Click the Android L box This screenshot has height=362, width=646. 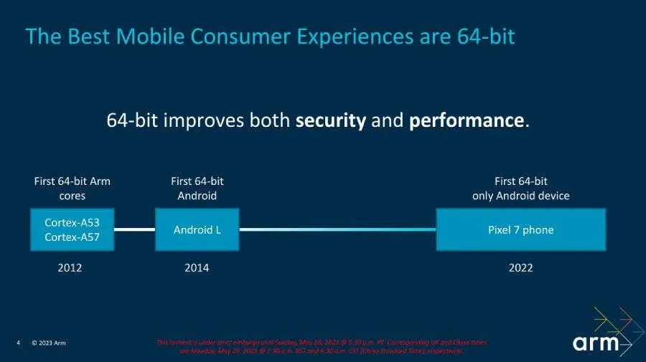pyautogui.click(x=197, y=230)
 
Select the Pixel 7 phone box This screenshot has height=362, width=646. pyautogui.click(x=521, y=230)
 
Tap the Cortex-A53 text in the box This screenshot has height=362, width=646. pyautogui.click(x=72, y=222)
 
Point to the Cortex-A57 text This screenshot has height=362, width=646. pyautogui.click(x=72, y=237)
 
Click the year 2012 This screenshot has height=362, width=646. pyautogui.click(x=70, y=268)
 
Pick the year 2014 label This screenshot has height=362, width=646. pyautogui.click(x=197, y=268)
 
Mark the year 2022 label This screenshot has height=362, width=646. pyautogui.click(x=521, y=268)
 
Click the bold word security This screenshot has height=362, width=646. pyautogui.click(x=330, y=120)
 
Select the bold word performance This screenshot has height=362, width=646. pyautogui.click(x=467, y=120)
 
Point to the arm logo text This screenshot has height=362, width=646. pyautogui.click(x=595, y=343)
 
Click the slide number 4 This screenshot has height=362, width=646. pyautogui.click(x=19, y=343)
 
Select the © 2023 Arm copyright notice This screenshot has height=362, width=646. pyautogui.click(x=49, y=343)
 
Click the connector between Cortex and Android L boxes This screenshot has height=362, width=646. pyautogui.click(x=135, y=230)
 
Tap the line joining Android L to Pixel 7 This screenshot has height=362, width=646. pyautogui.click(x=337, y=230)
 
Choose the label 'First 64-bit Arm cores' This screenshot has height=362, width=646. pyautogui.click(x=72, y=189)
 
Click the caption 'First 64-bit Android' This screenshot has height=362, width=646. pyautogui.click(x=197, y=189)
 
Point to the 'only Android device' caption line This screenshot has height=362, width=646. pyautogui.click(x=521, y=196)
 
